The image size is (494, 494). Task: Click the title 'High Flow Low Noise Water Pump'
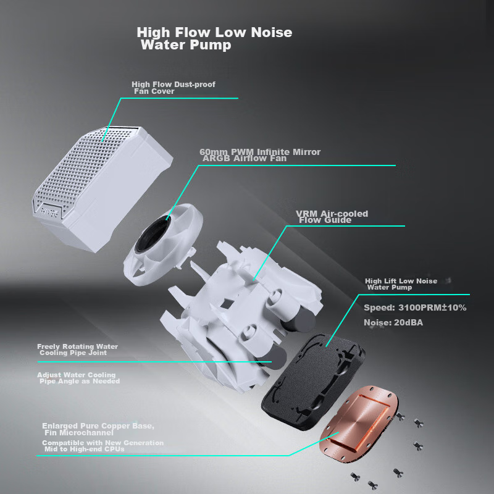214,38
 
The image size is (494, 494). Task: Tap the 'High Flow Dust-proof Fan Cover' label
174,88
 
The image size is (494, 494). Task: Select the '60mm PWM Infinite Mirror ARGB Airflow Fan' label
260,155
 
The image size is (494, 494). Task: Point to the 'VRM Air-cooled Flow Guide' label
332,217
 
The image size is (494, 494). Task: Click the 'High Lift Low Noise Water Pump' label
401,284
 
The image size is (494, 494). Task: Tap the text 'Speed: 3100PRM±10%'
415,308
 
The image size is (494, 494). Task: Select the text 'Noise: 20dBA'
393,322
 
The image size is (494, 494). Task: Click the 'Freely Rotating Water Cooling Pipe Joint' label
78,350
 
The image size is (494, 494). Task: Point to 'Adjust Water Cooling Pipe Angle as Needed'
78,378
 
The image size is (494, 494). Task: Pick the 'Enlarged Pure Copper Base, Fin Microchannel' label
98,429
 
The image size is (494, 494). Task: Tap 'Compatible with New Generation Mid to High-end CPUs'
103,446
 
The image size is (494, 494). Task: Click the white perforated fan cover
103,188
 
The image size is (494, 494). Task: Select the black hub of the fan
153,235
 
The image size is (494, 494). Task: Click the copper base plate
359,424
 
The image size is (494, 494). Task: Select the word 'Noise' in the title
272,33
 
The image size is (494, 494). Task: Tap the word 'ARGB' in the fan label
216,159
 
